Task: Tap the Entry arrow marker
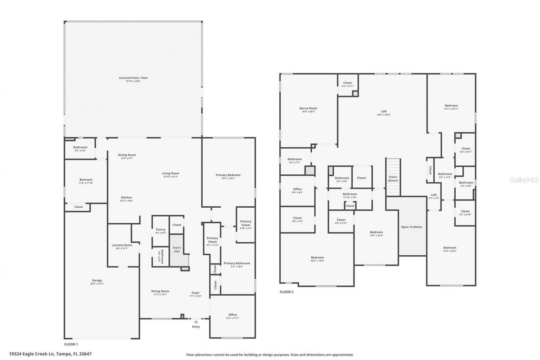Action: [196, 322]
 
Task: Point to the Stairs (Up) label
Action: [177, 249]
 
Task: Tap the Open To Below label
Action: [411, 227]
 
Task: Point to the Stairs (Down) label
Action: [393, 178]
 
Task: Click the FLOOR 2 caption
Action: [286, 292]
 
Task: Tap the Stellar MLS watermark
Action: [524, 179]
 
